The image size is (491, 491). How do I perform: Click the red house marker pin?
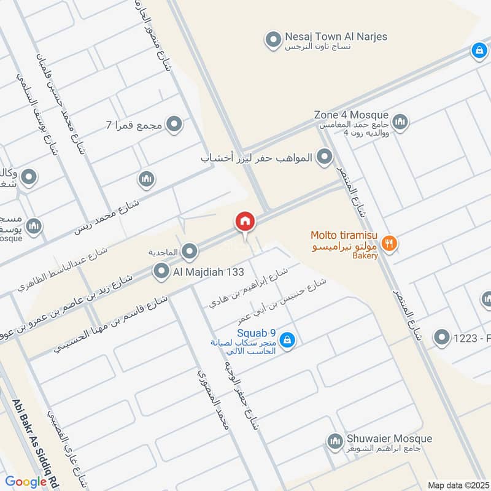(245, 222)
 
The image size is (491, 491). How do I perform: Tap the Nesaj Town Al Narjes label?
(336, 37)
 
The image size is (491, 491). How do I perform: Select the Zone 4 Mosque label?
(351, 115)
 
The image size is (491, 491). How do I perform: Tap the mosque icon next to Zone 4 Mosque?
(400, 121)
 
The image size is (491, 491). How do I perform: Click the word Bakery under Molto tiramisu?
(365, 257)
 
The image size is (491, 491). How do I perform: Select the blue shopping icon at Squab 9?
(287, 339)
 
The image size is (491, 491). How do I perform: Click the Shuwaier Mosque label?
(389, 439)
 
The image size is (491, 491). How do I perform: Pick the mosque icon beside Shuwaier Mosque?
(334, 441)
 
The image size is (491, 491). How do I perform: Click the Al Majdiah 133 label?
(209, 271)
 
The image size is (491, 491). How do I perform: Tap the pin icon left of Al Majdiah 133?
(161, 271)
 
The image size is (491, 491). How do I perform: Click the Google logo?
(26, 482)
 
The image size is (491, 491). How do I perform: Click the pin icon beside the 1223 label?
(441, 337)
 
